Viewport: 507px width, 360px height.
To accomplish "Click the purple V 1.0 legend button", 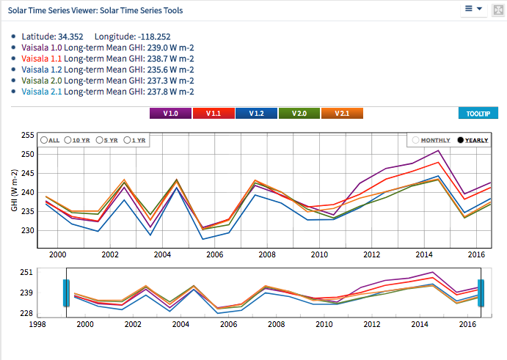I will tap(170, 114).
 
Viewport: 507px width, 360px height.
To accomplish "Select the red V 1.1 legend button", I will tap(214, 114).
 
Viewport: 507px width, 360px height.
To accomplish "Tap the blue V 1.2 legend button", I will tap(256, 114).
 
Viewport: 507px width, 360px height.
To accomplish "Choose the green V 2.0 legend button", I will tap(299, 114).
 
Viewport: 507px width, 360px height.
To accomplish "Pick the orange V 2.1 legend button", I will tap(343, 114).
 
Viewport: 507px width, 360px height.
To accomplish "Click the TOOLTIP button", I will tap(478, 114).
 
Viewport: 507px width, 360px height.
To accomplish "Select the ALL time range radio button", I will tap(45, 140).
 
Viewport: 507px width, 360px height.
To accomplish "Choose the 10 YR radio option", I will tap(68, 140).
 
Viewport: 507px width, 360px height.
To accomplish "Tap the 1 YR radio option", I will tap(128, 140).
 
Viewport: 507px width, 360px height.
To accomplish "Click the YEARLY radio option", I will tap(461, 140).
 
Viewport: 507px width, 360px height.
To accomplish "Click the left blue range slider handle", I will tap(65, 293).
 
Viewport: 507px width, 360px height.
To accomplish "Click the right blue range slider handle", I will tap(481, 293).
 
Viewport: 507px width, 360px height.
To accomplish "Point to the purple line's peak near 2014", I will tap(437, 150).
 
